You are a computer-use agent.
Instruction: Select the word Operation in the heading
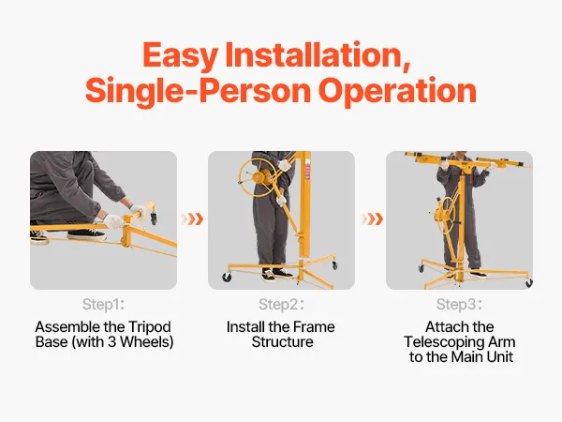tap(397, 91)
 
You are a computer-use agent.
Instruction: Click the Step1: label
tap(103, 304)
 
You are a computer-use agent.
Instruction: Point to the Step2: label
tap(281, 304)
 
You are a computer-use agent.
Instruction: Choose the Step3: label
tap(459, 304)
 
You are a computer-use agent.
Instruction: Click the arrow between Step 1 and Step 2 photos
tap(192, 219)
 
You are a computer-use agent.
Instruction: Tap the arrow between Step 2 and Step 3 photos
tap(373, 219)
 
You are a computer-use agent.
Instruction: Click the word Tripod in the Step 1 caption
tap(149, 327)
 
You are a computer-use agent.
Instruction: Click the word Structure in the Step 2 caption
tap(282, 341)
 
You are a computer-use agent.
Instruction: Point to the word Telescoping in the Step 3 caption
tap(444, 342)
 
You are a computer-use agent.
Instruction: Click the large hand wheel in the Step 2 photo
tap(259, 177)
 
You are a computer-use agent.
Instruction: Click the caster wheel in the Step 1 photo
tap(154, 219)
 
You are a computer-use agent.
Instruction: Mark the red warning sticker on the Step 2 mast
tap(307, 173)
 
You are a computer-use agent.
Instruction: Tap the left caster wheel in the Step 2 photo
tap(227, 277)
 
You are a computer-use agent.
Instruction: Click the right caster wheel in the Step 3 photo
tap(528, 283)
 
